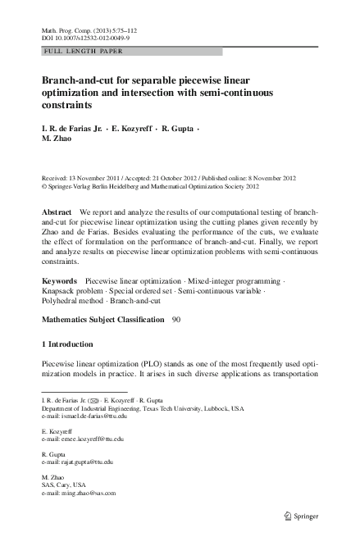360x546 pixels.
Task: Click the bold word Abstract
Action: coord(57,212)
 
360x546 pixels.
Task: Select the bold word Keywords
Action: coord(59,281)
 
